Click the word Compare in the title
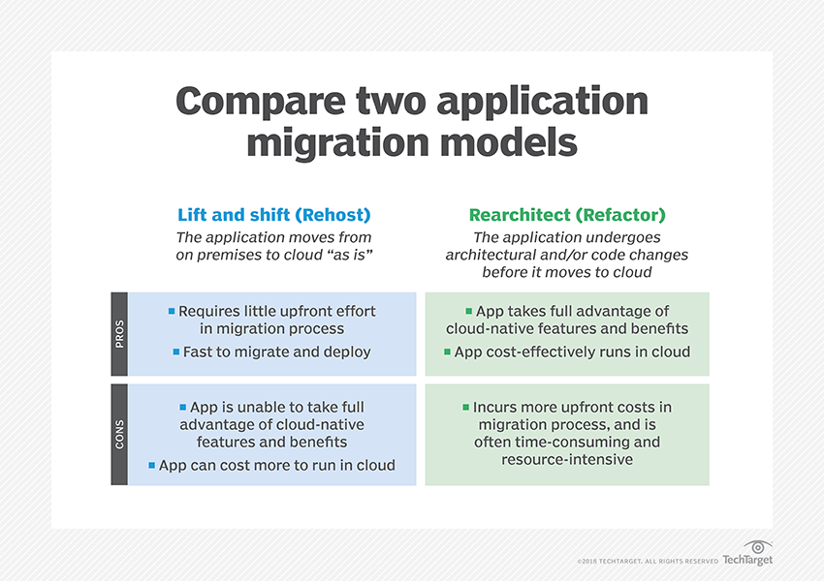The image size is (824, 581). coord(261,102)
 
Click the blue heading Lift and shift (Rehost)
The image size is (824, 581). coord(273,215)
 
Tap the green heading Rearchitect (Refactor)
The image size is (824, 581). coord(567,215)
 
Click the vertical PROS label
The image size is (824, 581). coord(119,334)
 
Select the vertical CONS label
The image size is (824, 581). coord(119,434)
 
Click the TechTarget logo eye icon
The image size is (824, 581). coord(758,547)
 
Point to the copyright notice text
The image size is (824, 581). coord(648,561)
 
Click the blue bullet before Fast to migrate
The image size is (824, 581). coord(176,352)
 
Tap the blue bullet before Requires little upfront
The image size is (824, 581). coord(172,311)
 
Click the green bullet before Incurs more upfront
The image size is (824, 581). coord(465,407)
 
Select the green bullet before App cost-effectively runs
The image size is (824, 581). coord(447,352)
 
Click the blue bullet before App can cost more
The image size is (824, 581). coord(151,465)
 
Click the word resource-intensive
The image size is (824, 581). coord(567,460)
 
